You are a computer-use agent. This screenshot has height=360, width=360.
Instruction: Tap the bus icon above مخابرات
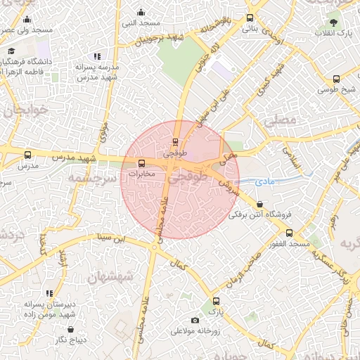coord(143,164)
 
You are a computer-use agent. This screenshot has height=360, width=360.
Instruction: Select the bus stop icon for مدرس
coord(27,155)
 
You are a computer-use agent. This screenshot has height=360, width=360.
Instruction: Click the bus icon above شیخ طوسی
coord(337,79)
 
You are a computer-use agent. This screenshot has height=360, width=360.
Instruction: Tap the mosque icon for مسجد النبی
coord(141,12)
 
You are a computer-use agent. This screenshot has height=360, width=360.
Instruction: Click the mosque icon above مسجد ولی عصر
coord(27,20)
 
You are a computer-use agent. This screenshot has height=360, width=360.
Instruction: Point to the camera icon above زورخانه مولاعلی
coord(195,321)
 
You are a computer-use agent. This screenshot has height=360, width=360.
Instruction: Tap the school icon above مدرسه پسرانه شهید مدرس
coord(97,56)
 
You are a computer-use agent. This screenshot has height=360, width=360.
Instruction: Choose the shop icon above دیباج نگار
coord(70,328)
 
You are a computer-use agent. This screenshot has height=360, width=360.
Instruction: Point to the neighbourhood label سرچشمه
coord(89,179)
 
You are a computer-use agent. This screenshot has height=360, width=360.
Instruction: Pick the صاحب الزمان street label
coord(243,270)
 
